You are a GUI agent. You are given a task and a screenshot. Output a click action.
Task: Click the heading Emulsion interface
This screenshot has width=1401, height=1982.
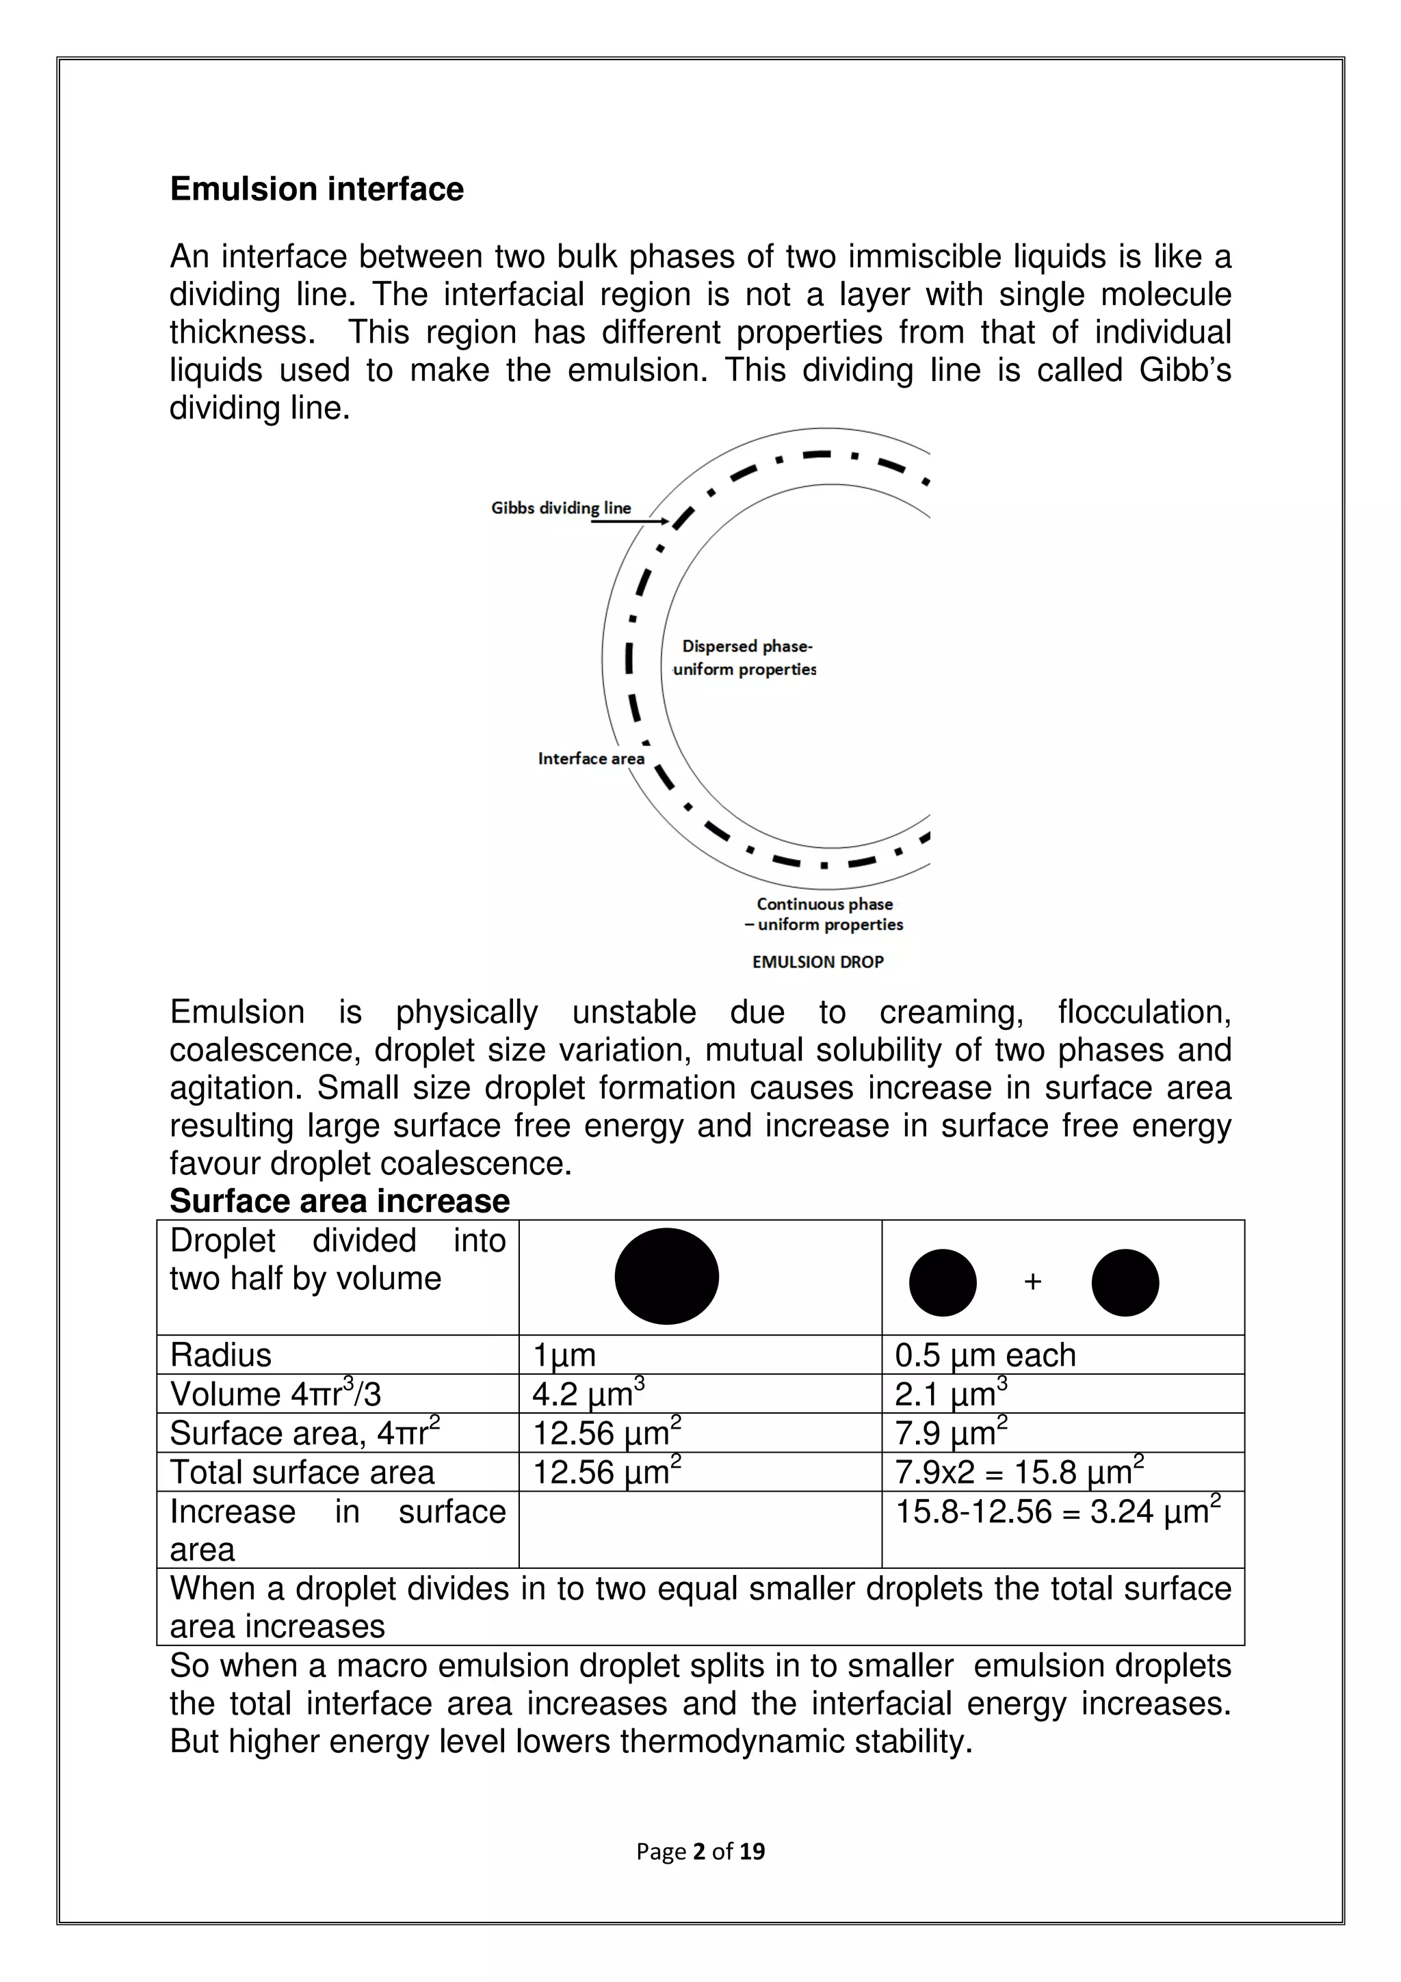pyautogui.click(x=316, y=189)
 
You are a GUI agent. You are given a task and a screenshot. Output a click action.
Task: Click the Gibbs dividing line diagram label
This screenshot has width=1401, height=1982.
pyautogui.click(x=560, y=508)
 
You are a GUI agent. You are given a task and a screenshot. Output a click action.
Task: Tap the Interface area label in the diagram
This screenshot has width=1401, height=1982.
pyautogui.click(x=590, y=758)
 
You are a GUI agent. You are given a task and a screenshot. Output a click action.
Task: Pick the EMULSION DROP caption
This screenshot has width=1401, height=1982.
pyautogui.click(x=817, y=962)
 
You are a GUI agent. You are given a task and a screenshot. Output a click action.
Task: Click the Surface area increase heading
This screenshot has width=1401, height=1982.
pyautogui.click(x=339, y=1201)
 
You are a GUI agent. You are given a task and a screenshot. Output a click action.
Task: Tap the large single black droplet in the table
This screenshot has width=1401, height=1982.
pyautogui.click(x=666, y=1276)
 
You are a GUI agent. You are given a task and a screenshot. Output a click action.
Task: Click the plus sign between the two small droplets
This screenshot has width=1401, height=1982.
pyautogui.click(x=1032, y=1282)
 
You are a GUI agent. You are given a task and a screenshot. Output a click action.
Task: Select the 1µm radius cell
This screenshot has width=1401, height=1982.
pyautogui.click(x=564, y=1356)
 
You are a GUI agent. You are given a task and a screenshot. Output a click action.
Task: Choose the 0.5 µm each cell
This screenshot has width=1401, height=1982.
pyautogui.click(x=985, y=1356)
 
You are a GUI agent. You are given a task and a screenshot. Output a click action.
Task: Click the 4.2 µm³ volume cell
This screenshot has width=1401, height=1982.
pyautogui.click(x=588, y=1394)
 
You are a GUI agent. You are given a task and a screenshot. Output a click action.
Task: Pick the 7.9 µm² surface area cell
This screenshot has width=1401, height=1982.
pyautogui.click(x=950, y=1433)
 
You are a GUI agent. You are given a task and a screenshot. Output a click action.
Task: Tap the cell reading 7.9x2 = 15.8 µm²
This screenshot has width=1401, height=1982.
pyautogui.click(x=1019, y=1472)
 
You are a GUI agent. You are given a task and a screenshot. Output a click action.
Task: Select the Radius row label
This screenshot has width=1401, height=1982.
pyautogui.click(x=220, y=1356)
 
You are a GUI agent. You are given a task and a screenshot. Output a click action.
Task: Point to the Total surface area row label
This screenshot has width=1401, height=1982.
pyautogui.click(x=302, y=1472)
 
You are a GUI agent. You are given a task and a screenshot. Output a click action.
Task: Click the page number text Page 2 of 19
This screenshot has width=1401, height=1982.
pyautogui.click(x=700, y=1851)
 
